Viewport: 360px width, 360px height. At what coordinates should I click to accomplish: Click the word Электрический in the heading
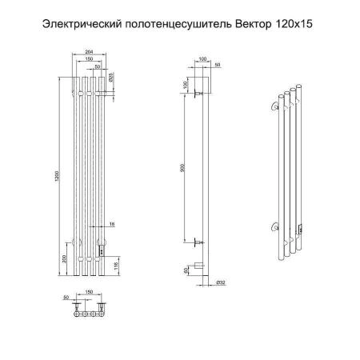[78, 25]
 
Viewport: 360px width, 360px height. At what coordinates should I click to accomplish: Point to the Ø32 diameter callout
[220, 281]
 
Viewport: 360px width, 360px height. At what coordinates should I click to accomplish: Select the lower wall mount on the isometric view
[276, 227]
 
